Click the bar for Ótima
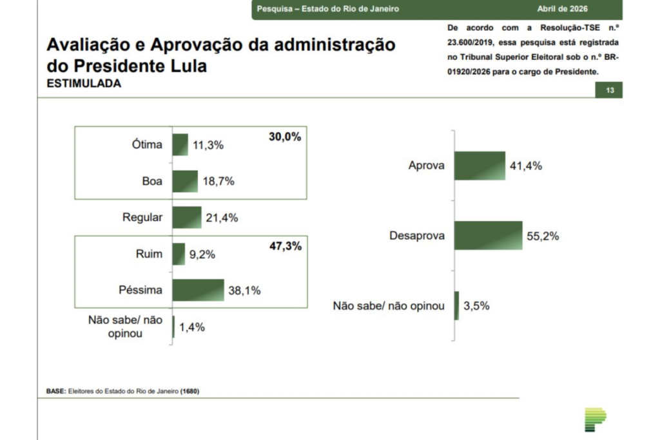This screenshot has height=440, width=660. pos(180,144)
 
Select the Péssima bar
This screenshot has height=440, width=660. pos(198,290)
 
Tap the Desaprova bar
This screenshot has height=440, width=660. pos(488,235)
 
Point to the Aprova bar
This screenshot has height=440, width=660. pos(480,166)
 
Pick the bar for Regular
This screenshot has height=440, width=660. pos(187,217)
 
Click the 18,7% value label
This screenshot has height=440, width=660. pos(218,181)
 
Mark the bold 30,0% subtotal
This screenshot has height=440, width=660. pos(285,137)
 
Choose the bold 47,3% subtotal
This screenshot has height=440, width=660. pos(285,245)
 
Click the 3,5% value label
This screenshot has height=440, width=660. pos(476,305)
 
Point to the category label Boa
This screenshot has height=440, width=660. pos(152,181)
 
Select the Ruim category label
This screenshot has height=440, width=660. pos(149,254)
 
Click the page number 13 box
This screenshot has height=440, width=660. pos(609,91)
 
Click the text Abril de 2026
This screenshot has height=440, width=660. pos(563,8)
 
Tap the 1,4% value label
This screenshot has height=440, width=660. pos(191,327)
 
